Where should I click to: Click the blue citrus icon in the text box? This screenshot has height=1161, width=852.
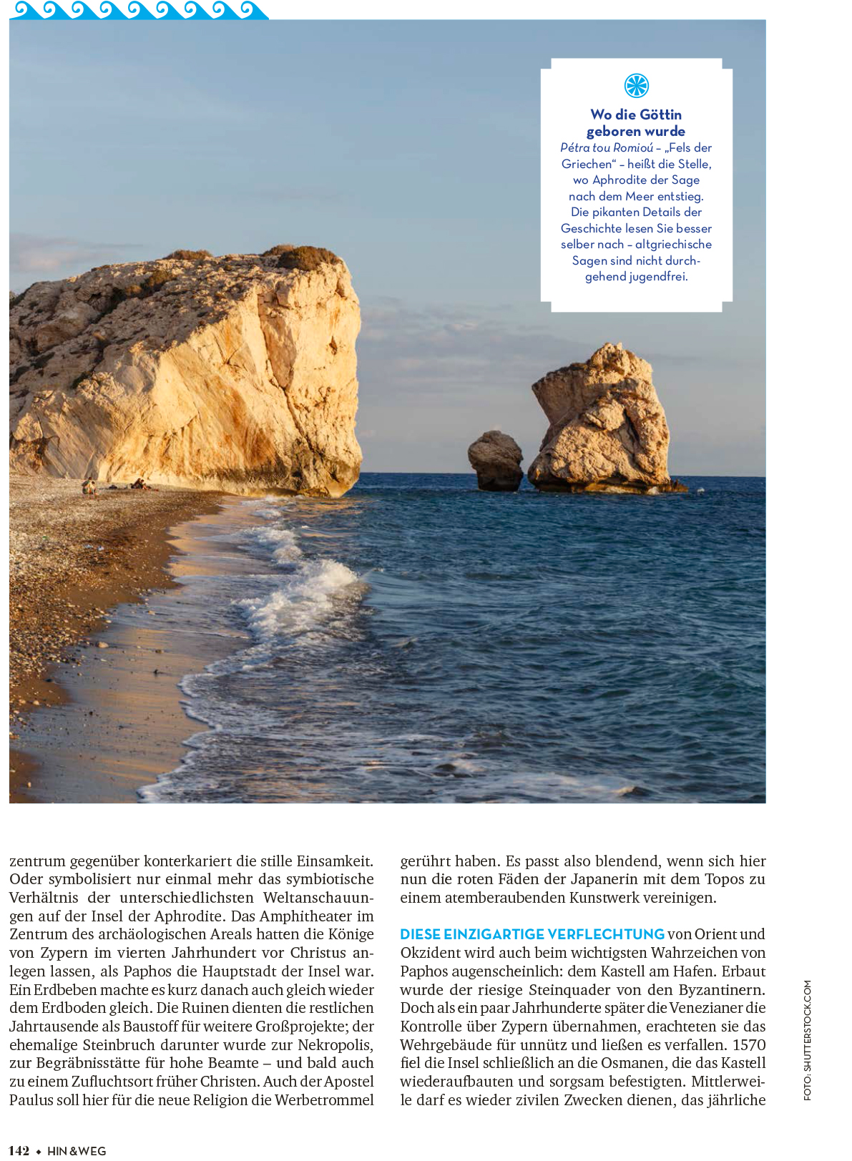(636, 86)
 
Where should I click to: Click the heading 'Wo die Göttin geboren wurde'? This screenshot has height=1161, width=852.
(636, 123)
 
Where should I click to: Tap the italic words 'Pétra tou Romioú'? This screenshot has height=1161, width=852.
(606, 148)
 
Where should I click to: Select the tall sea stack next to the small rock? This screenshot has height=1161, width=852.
(602, 422)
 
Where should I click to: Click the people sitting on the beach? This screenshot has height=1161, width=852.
(89, 487)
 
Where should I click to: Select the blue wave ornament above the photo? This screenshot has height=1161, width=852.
(139, 10)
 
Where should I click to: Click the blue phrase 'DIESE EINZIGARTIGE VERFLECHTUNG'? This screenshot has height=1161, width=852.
(532, 934)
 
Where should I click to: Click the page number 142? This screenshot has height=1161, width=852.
(19, 1150)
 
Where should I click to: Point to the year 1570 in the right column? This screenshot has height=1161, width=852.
(749, 1045)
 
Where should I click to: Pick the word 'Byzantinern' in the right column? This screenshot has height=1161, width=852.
(723, 990)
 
